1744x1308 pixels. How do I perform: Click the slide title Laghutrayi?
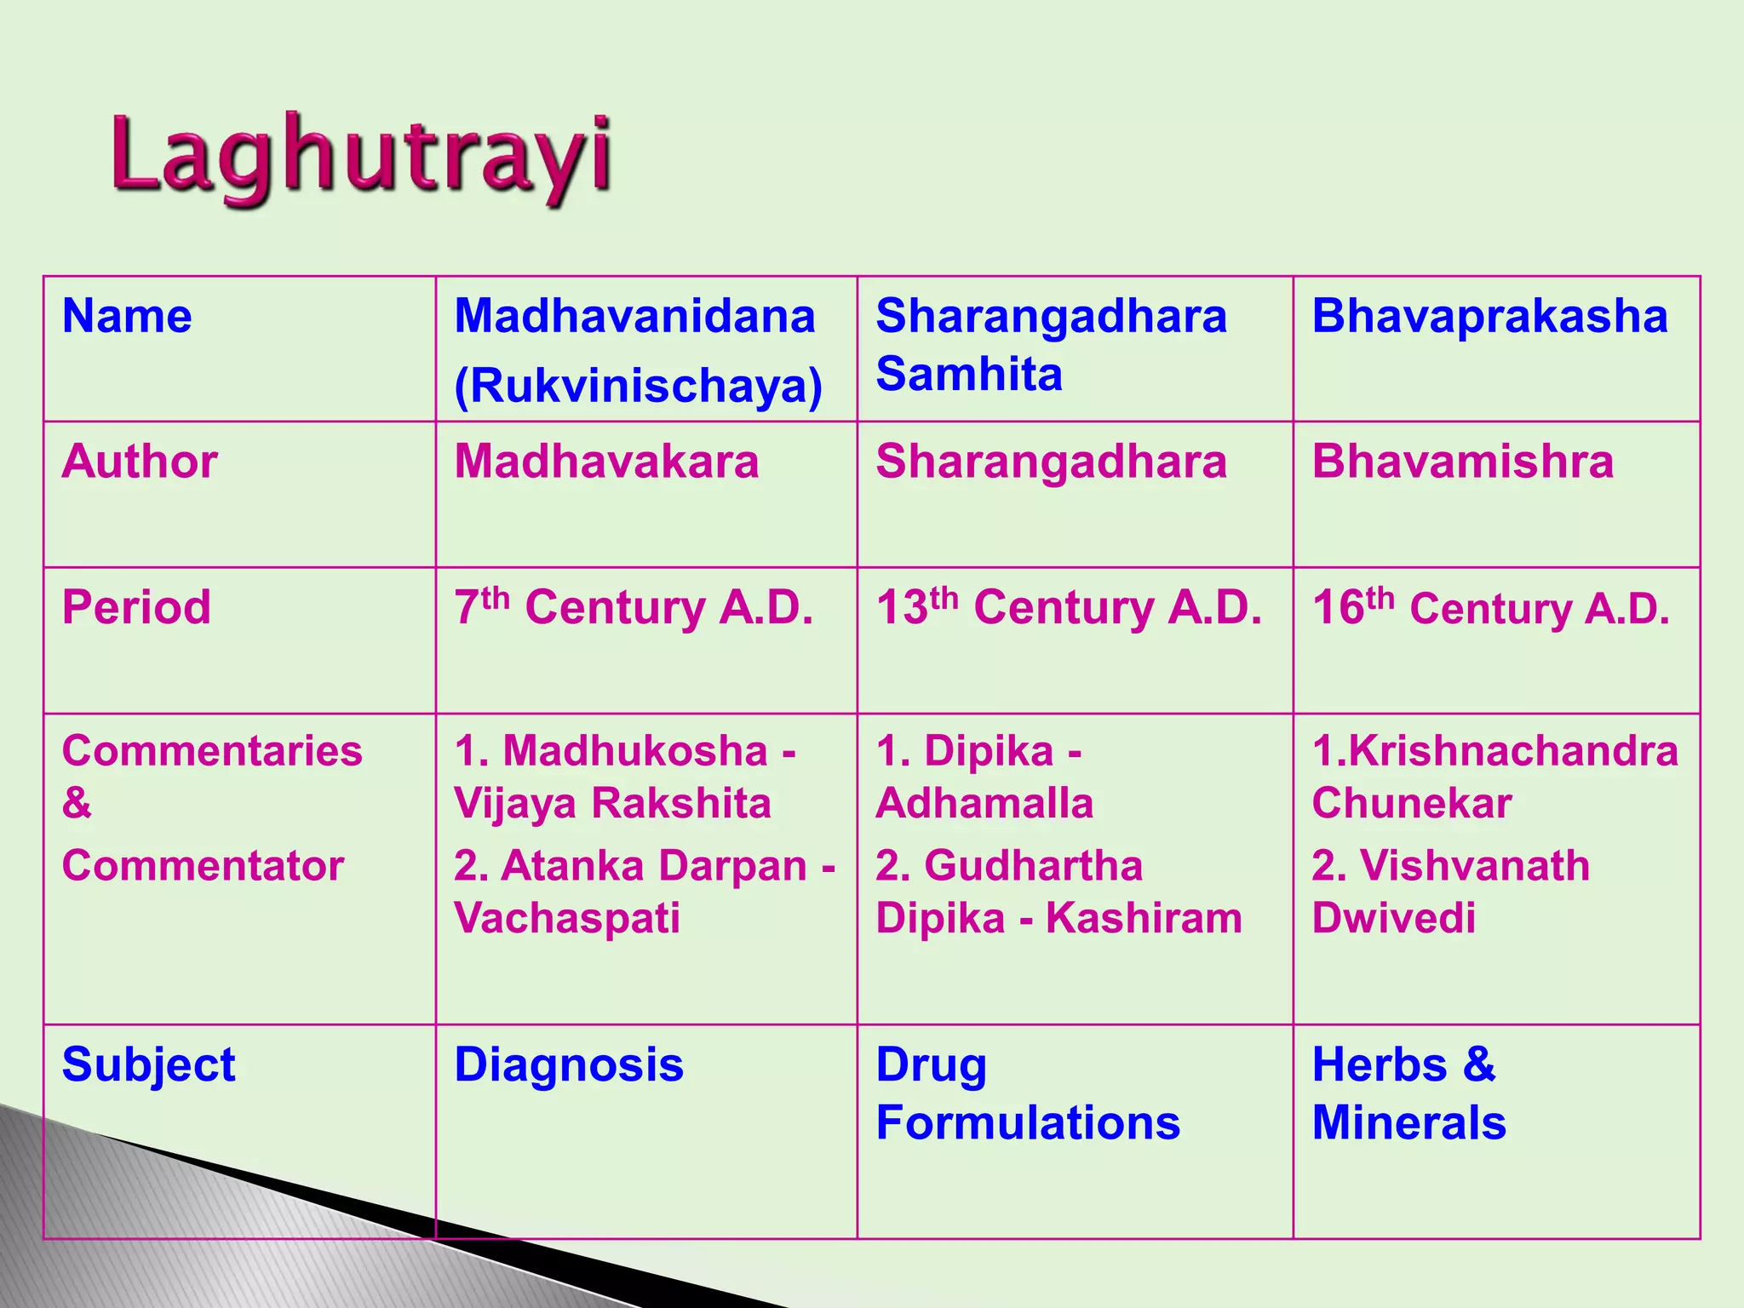click(362, 159)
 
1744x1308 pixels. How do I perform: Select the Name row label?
click(127, 316)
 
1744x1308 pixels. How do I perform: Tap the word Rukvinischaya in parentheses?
click(638, 385)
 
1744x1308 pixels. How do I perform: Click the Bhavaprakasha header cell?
click(1489, 316)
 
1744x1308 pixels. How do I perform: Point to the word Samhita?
click(969, 374)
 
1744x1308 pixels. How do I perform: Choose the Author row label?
click(140, 462)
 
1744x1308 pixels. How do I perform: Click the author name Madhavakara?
click(606, 462)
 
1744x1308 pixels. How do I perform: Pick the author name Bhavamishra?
click(1462, 462)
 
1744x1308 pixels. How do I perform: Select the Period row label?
click(136, 607)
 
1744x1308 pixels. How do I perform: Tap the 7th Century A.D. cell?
click(634, 607)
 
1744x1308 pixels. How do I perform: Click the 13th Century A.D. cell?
click(1069, 607)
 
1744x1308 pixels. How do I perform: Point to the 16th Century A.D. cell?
click(1490, 607)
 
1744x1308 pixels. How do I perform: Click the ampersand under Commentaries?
click(77, 803)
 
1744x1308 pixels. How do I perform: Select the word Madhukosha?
click(635, 751)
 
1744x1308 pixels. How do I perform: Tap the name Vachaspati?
click(567, 918)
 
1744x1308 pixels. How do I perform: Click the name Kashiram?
click(1144, 918)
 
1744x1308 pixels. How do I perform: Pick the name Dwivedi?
click(1393, 918)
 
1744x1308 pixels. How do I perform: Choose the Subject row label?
click(148, 1064)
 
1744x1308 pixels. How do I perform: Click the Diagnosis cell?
click(569, 1064)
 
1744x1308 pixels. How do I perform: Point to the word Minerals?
click(1408, 1122)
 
